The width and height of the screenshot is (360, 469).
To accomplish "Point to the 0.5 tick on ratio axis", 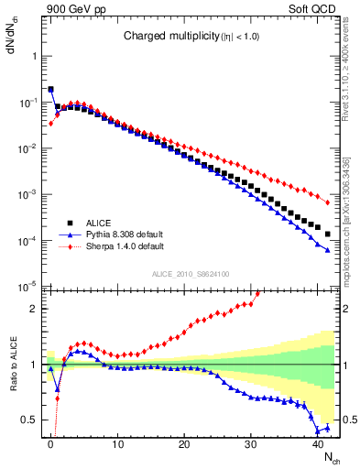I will (29, 420).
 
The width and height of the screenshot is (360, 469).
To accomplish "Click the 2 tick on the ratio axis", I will (34, 309).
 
